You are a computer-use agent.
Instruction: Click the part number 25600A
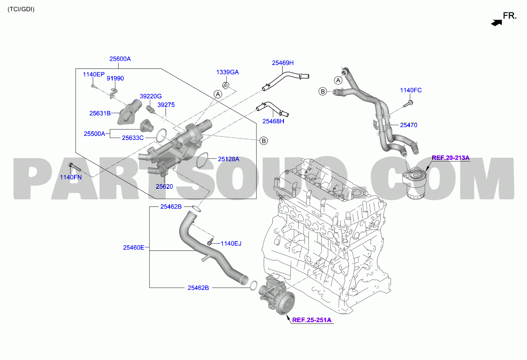click(x=120, y=59)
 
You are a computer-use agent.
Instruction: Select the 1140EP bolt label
click(x=93, y=74)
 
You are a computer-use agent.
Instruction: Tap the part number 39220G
click(x=150, y=96)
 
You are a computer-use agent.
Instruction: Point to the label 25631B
click(x=100, y=113)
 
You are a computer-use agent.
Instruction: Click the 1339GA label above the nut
click(x=227, y=72)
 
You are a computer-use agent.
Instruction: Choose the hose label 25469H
click(x=283, y=63)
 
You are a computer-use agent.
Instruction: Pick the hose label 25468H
click(x=273, y=121)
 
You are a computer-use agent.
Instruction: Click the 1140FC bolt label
click(x=411, y=90)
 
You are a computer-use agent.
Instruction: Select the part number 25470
click(x=409, y=125)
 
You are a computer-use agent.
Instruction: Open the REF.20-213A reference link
click(x=450, y=158)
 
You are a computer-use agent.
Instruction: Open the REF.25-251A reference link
click(x=312, y=320)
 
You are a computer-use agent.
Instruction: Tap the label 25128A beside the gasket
click(x=229, y=159)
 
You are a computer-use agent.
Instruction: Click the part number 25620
click(x=164, y=186)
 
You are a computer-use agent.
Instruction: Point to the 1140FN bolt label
click(x=71, y=177)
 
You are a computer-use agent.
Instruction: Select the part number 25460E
click(x=133, y=247)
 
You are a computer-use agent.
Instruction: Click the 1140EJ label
click(x=231, y=244)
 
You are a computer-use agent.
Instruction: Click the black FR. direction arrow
click(x=496, y=23)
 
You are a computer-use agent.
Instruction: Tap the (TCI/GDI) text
click(x=21, y=9)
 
